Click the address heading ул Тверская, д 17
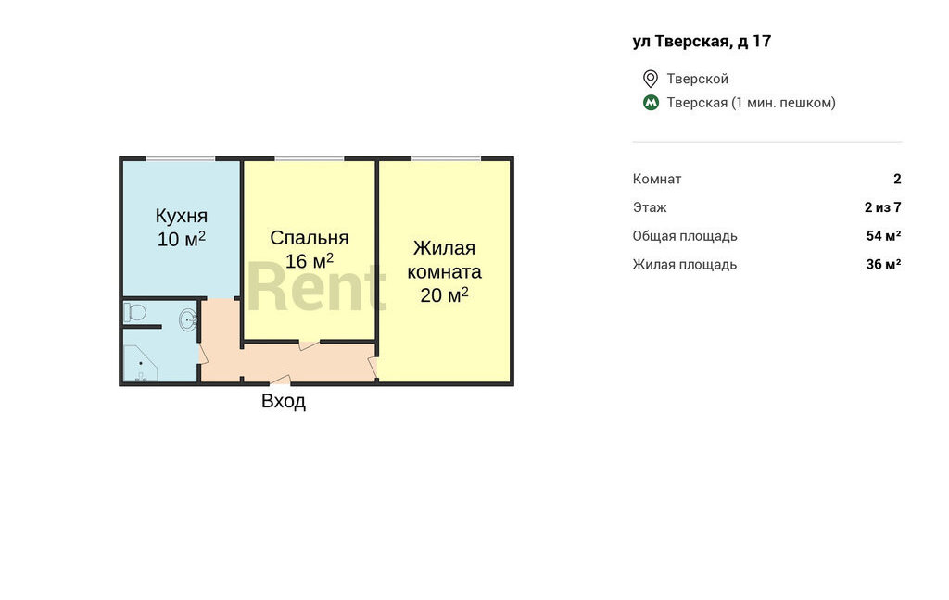click(x=702, y=41)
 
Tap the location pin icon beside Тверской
click(x=651, y=79)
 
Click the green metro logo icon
click(x=651, y=102)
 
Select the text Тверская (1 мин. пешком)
click(x=751, y=103)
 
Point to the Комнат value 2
click(x=897, y=179)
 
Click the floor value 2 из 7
click(x=883, y=207)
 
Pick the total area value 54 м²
click(x=883, y=236)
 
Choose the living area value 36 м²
click(x=883, y=264)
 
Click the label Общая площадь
click(x=685, y=236)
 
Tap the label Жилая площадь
click(x=685, y=265)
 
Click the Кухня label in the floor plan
click(x=182, y=216)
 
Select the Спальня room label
click(x=310, y=238)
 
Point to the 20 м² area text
click(x=444, y=295)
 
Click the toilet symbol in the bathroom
click(x=135, y=313)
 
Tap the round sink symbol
click(x=188, y=319)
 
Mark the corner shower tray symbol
click(x=141, y=363)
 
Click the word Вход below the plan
click(x=284, y=401)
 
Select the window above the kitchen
click(x=181, y=159)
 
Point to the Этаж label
click(x=650, y=208)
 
